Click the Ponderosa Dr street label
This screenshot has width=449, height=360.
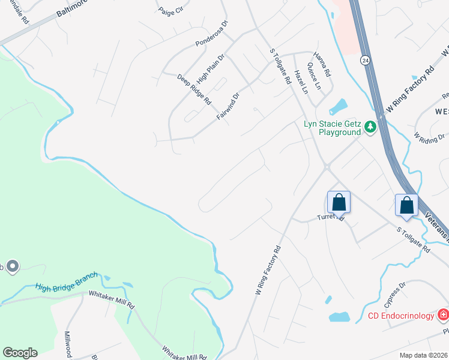pos(212,34)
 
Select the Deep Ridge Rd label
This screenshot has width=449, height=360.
pos(194,89)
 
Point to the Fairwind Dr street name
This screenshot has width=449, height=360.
pos(228,104)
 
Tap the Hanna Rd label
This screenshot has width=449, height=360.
pos(323,62)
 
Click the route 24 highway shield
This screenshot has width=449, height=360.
pos(365,60)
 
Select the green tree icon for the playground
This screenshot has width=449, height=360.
pos(370,127)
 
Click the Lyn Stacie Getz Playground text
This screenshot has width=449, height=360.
pos(331,128)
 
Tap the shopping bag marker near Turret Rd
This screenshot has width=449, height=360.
pos(339,202)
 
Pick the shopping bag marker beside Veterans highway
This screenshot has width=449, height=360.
pos(407,205)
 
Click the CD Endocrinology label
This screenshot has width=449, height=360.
pos(402,316)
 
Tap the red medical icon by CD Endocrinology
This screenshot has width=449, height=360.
pos(443,314)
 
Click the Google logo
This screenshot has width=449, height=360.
pos(20,353)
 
